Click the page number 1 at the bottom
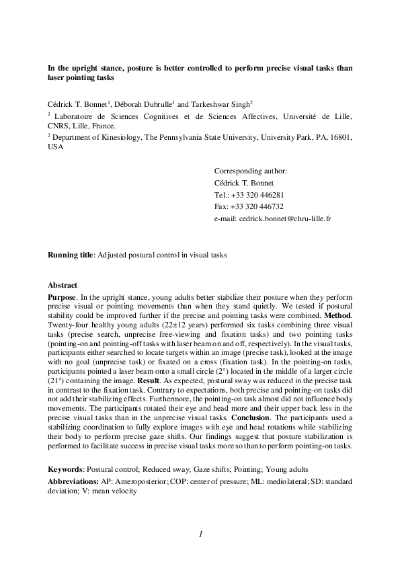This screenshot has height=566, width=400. tap(200, 534)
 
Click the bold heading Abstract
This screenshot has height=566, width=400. tap(63, 285)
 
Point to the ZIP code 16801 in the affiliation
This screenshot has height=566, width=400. tap(341, 136)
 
